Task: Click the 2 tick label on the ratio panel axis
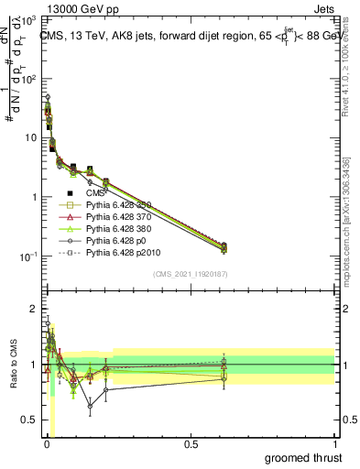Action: coord(32,308)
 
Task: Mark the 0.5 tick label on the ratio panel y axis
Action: coord(28,421)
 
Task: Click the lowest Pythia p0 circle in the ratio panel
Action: coord(90,405)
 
